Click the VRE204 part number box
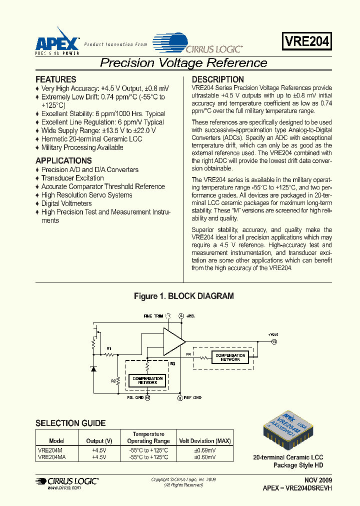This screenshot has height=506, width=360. (x=307, y=41)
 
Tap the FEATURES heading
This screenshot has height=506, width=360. (x=56, y=79)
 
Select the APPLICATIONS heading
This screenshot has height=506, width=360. (x=63, y=161)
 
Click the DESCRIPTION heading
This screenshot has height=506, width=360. (x=218, y=79)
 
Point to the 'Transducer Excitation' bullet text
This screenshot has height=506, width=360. (x=72, y=178)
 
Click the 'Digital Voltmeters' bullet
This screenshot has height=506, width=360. (x=66, y=203)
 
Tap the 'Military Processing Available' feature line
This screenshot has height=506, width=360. (x=82, y=147)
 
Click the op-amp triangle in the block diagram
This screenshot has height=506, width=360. (x=173, y=341)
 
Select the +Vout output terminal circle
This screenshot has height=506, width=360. (x=273, y=341)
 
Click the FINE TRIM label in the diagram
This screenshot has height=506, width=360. (x=153, y=316)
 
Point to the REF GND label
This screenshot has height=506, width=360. (x=192, y=397)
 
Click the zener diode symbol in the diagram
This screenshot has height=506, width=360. (x=93, y=368)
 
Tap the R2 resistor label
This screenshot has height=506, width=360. (x=113, y=380)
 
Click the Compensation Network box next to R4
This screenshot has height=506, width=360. (x=230, y=357)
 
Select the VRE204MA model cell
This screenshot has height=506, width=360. (x=51, y=457)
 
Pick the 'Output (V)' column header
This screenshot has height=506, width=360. (x=102, y=441)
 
